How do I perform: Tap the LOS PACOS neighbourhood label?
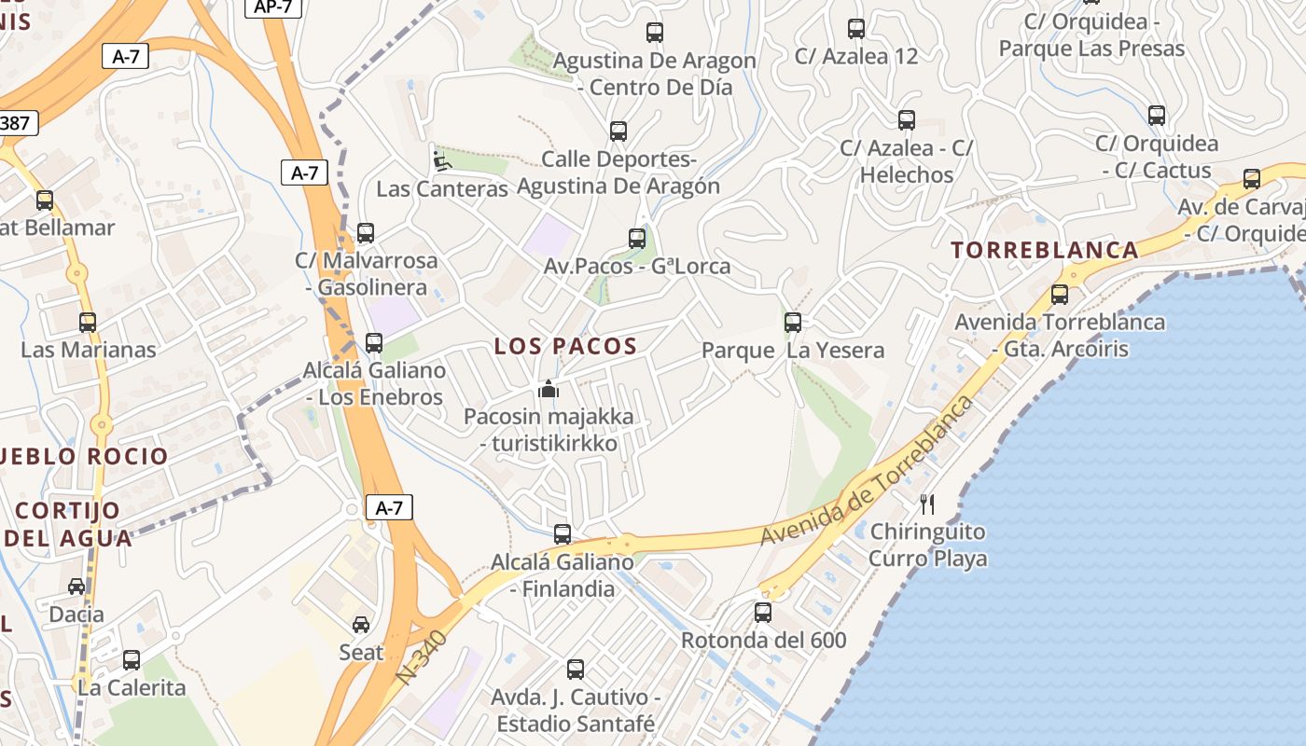[x=565, y=347]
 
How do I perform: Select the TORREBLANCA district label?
[x=1045, y=250]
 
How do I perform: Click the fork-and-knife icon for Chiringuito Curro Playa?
[x=927, y=504]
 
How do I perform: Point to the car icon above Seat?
[x=361, y=624]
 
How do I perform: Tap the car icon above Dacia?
[x=76, y=587]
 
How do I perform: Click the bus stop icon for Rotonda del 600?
[x=763, y=613]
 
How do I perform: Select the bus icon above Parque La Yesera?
[x=793, y=323]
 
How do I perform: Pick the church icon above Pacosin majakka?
[x=549, y=388]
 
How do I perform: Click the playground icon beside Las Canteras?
[x=441, y=161]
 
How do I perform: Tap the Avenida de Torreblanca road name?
[x=868, y=472]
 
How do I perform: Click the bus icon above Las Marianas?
[x=88, y=323]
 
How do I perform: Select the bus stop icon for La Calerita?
[x=132, y=660]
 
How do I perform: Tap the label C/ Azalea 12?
[x=856, y=56]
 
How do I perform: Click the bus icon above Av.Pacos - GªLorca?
[x=637, y=239]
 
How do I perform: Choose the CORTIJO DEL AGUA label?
[x=68, y=524]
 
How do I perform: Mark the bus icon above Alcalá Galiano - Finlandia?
[x=563, y=534]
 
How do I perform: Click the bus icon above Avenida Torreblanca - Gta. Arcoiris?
[x=1060, y=295]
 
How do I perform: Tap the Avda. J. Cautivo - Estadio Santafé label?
[x=576, y=710]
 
